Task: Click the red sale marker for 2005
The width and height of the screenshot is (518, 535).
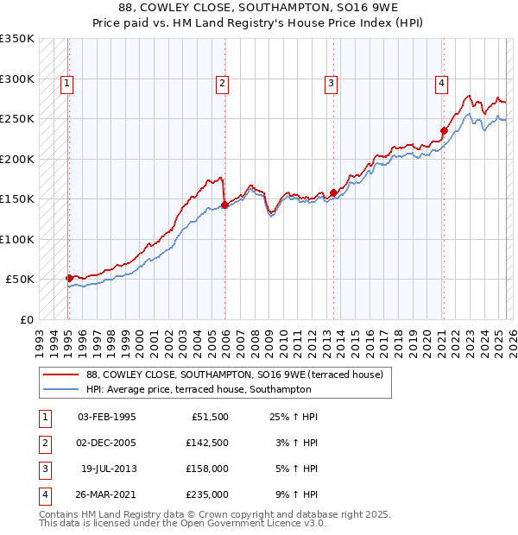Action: [224, 205]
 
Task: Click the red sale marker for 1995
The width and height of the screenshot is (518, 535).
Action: [69, 278]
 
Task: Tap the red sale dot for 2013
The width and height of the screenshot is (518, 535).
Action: [333, 192]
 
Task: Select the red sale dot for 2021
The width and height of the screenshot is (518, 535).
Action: [444, 130]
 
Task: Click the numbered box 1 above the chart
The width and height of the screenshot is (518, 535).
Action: [66, 84]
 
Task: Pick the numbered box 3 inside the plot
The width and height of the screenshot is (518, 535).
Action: [331, 84]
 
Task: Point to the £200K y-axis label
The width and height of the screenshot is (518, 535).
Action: [16, 159]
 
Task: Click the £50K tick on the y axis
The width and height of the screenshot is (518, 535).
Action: [20, 280]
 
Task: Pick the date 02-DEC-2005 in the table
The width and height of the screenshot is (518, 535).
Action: [107, 443]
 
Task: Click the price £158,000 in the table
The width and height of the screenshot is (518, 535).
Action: [208, 469]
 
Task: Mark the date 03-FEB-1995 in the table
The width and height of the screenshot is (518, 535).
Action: [107, 417]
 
